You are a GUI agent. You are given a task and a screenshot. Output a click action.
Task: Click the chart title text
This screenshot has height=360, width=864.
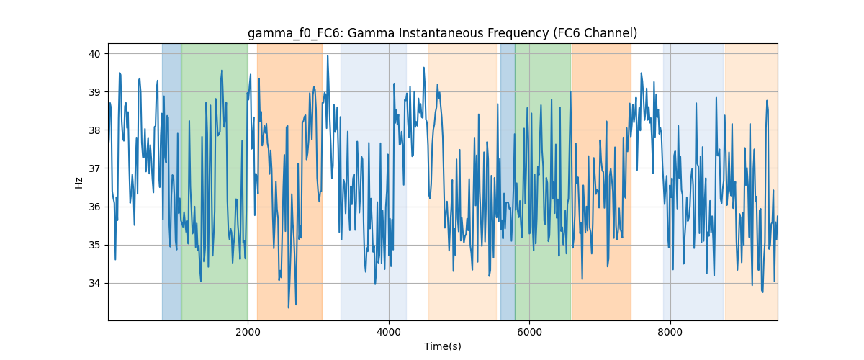point(442,34)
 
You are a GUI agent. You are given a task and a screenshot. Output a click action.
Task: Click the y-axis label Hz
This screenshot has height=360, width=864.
point(78,183)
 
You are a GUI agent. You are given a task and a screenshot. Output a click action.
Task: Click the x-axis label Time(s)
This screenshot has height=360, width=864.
point(442,346)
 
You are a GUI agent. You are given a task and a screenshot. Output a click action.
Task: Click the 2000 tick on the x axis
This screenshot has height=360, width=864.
point(248,332)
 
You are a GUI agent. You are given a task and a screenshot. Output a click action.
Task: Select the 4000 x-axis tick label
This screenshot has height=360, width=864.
point(389,332)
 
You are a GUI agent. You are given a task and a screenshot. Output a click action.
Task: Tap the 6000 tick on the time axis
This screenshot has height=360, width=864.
point(530,332)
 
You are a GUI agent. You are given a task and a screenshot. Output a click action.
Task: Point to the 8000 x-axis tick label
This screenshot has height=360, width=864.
point(670,332)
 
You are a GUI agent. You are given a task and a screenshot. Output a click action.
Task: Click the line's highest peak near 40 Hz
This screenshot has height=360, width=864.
point(328,56)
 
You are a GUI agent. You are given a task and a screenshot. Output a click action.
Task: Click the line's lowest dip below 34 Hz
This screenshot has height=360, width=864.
point(289,307)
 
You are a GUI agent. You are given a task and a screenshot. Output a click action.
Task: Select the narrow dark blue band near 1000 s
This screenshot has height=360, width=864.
point(171,181)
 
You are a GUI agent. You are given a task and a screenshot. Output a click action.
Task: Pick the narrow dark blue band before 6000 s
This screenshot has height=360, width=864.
point(508,181)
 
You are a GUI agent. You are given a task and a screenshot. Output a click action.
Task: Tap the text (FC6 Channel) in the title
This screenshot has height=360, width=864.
point(595,34)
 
